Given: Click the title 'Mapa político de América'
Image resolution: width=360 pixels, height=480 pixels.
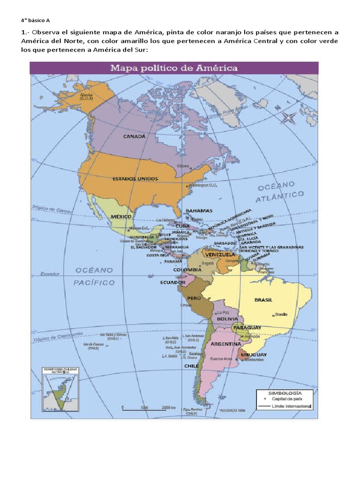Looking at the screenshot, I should click(174, 68).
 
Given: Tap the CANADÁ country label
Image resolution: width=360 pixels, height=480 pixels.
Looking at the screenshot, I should click(134, 136).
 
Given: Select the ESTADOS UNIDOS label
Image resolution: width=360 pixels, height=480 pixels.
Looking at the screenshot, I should click(135, 179).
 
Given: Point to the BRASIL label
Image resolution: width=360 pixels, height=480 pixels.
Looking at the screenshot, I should click(263, 300).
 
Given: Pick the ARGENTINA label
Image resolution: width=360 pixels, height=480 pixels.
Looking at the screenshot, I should click(226, 344).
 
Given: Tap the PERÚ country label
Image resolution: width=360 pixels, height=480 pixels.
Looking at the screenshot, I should click(194, 298).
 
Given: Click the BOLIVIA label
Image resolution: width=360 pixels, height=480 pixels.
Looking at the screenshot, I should click(227, 319).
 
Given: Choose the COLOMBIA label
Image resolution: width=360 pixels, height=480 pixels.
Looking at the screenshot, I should click(187, 270).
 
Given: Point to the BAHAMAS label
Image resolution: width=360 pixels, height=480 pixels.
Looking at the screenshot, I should click(199, 211).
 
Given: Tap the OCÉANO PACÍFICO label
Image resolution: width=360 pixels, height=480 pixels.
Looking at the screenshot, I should click(94, 277).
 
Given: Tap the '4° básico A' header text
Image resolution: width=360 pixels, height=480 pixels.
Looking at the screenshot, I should click(35, 20).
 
